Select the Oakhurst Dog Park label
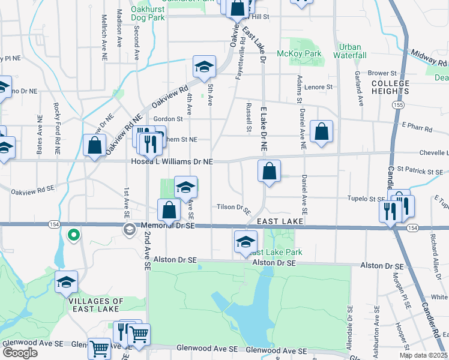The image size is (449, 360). [148, 14]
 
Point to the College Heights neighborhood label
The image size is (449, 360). [390, 87]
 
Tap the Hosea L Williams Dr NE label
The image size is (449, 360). [172, 162]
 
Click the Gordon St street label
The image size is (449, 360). [167, 119]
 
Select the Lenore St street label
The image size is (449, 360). [318, 87]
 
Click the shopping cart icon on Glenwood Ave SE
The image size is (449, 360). [99, 347]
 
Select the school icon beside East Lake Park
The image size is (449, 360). [245, 241]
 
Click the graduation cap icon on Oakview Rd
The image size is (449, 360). [204, 67]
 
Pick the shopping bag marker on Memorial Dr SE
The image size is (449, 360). [169, 209]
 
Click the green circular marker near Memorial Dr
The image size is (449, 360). [73, 235]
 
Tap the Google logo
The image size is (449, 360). [20, 353]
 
